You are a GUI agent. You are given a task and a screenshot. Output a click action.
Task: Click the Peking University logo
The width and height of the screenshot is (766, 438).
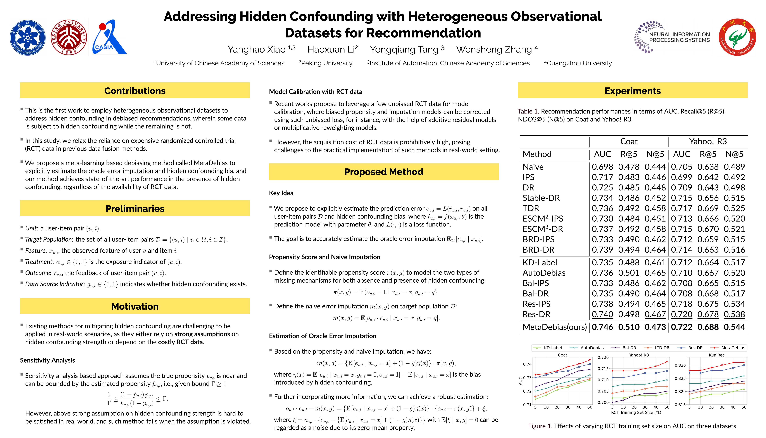click(69, 37)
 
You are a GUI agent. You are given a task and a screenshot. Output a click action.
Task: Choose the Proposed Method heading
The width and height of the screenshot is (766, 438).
click(384, 172)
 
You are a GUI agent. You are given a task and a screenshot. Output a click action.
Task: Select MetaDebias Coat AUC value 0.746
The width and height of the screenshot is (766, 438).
click(602, 327)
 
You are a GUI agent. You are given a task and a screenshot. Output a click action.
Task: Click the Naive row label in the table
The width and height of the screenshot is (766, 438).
click(533, 167)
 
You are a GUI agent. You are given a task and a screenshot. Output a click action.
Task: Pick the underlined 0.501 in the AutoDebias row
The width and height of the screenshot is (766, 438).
click(629, 273)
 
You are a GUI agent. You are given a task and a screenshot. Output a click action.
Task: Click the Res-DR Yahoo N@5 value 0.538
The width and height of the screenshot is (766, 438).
click(734, 314)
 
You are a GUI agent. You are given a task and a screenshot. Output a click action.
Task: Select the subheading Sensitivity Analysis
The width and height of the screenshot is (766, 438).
click(48, 360)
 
